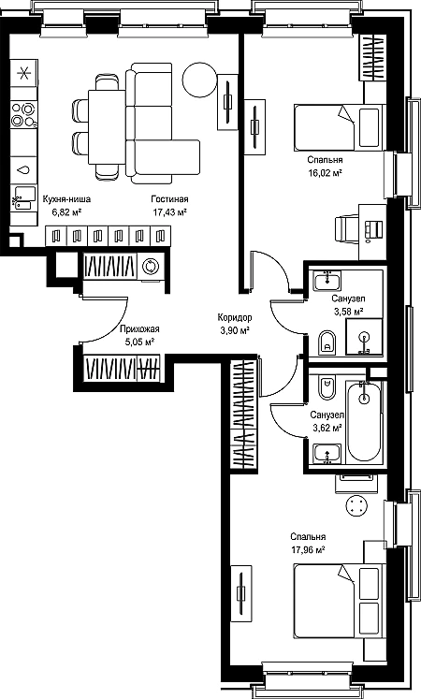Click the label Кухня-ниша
tap(66, 199)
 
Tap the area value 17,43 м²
tap(169, 212)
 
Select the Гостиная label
tap(169, 199)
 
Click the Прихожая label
tap(139, 329)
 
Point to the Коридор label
tap(235, 317)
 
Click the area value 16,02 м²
tap(325, 173)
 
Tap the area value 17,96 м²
tap(308, 550)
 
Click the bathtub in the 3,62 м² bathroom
tap(365, 422)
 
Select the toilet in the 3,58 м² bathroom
tap(327, 342)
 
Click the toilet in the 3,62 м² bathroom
tap(327, 388)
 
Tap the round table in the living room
tap(199, 80)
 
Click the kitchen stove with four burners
tap(24, 114)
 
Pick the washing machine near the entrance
tap(151, 267)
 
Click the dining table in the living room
tap(107, 127)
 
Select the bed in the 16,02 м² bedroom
tap(340, 127)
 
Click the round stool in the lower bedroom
tap(356, 505)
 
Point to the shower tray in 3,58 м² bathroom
tap(365, 337)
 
